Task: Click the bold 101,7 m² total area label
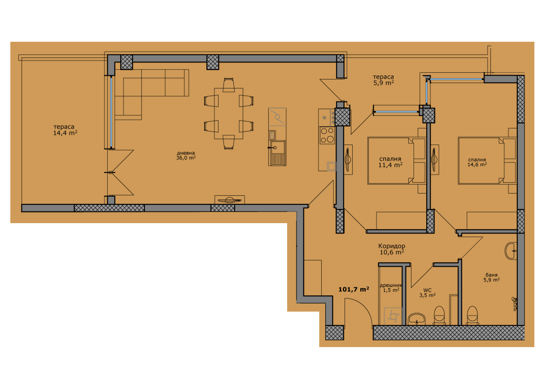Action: (354, 289)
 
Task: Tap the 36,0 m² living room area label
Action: (186, 158)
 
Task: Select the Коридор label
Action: (392, 246)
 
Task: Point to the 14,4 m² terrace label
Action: (65, 132)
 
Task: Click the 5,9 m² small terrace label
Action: (384, 83)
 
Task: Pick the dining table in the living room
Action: (228, 113)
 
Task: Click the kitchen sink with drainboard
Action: (277, 153)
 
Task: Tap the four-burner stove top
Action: (327, 135)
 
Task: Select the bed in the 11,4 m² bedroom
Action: (397, 161)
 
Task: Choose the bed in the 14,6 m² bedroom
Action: (487, 161)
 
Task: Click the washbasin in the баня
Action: (511, 251)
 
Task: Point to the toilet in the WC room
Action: (439, 316)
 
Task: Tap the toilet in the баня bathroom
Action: (472, 316)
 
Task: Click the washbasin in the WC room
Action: (417, 319)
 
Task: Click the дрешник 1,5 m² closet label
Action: (391, 288)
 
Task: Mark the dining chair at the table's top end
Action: (228, 85)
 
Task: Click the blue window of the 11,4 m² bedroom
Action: (396, 112)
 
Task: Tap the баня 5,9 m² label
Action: (492, 277)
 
